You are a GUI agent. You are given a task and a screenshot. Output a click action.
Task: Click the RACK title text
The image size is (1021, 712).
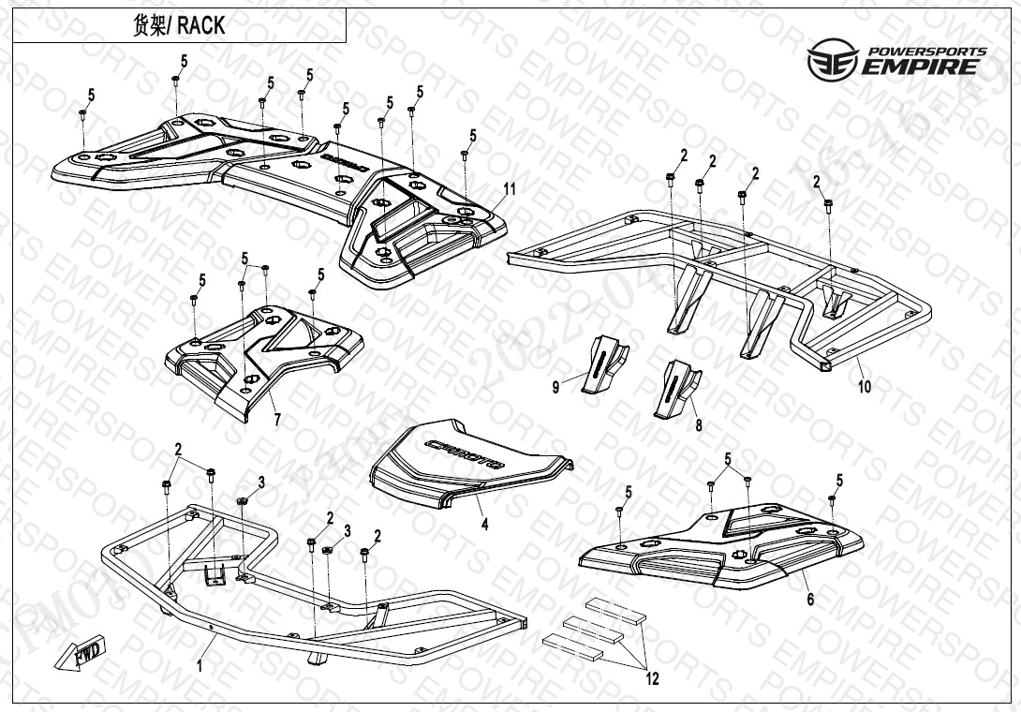point(201,25)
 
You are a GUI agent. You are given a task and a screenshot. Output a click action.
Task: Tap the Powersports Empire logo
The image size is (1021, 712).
point(896,59)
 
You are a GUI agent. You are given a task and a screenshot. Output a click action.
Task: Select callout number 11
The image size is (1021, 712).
point(509,189)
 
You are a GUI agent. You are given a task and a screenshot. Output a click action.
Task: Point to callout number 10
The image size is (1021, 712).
point(864,386)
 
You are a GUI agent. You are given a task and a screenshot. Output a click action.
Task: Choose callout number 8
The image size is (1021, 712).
point(698,425)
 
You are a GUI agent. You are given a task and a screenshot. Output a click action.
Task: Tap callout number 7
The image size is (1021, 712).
point(276,421)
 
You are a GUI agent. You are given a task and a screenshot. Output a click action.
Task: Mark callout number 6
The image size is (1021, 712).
point(810,600)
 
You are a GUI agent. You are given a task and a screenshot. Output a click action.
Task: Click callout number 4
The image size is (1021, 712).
point(484,525)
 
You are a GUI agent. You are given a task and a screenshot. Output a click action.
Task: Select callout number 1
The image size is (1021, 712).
point(199,666)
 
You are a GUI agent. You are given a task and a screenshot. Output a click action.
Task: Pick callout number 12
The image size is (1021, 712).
point(652,678)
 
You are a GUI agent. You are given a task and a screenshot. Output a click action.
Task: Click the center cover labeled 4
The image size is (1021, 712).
point(468,468)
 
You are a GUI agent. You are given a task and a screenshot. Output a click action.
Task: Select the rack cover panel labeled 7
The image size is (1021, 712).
point(262,356)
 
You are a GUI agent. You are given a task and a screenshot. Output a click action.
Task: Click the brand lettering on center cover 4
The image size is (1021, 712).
point(465,452)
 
